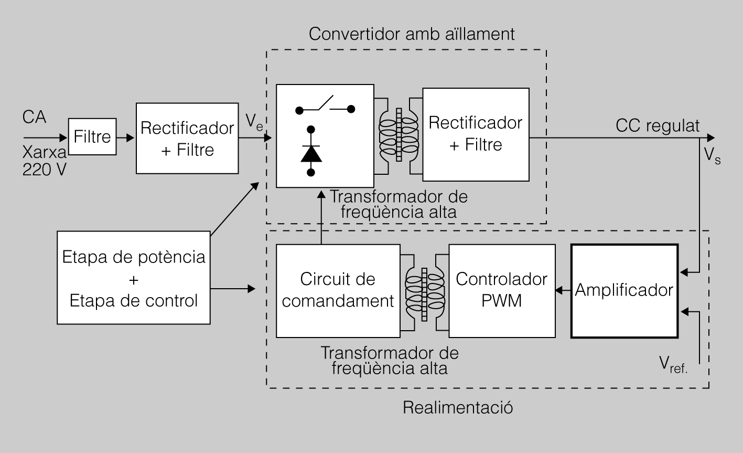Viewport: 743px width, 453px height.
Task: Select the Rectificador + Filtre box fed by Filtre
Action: pos(187,139)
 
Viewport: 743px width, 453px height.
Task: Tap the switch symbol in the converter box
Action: pos(325,106)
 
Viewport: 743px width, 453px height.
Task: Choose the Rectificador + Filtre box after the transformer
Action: pos(476,134)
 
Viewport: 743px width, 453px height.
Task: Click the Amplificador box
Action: pos(624,290)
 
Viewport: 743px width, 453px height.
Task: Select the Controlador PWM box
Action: pos(502,290)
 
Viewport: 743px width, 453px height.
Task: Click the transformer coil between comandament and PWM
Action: pos(425,294)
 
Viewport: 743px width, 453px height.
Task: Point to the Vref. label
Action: pos(673,364)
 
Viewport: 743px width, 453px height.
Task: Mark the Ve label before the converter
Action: pos(255,124)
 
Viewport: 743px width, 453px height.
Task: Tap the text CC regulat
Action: pos(658,126)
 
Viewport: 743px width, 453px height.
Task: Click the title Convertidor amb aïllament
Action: pos(412,34)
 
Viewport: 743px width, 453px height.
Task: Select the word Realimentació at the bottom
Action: pos(458,407)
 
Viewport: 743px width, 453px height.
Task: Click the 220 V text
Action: pos(44,169)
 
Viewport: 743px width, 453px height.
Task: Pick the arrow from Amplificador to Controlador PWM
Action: pos(563,290)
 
